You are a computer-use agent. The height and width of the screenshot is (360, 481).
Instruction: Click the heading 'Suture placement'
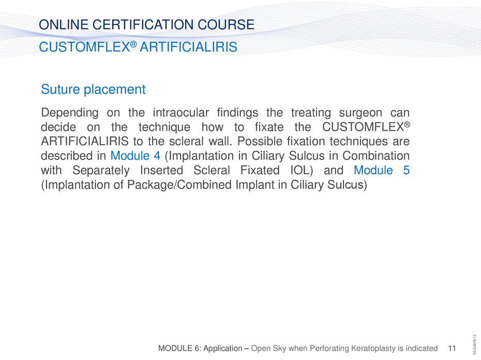click(93, 89)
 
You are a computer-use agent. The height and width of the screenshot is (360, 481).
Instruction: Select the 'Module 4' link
click(136, 156)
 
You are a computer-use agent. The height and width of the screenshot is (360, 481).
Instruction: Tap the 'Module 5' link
click(382, 170)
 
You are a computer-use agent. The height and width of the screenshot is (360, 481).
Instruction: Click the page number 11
click(452, 348)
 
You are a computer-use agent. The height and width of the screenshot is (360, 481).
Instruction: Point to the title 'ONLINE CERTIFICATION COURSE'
click(147, 24)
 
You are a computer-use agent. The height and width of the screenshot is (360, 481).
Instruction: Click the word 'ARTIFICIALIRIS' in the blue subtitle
click(188, 47)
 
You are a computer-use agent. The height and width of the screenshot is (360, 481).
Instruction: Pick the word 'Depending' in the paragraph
click(70, 113)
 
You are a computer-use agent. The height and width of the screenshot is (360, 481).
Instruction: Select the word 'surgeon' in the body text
click(360, 113)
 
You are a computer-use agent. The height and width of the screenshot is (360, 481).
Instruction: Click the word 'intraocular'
click(181, 112)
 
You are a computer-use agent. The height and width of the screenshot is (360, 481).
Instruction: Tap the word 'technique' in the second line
click(164, 127)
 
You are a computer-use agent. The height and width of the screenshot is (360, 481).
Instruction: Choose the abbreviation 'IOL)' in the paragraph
click(302, 170)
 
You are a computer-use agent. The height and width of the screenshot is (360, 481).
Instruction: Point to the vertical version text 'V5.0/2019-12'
click(475, 344)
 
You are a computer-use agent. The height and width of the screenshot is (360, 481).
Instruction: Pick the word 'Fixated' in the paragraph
click(260, 170)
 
